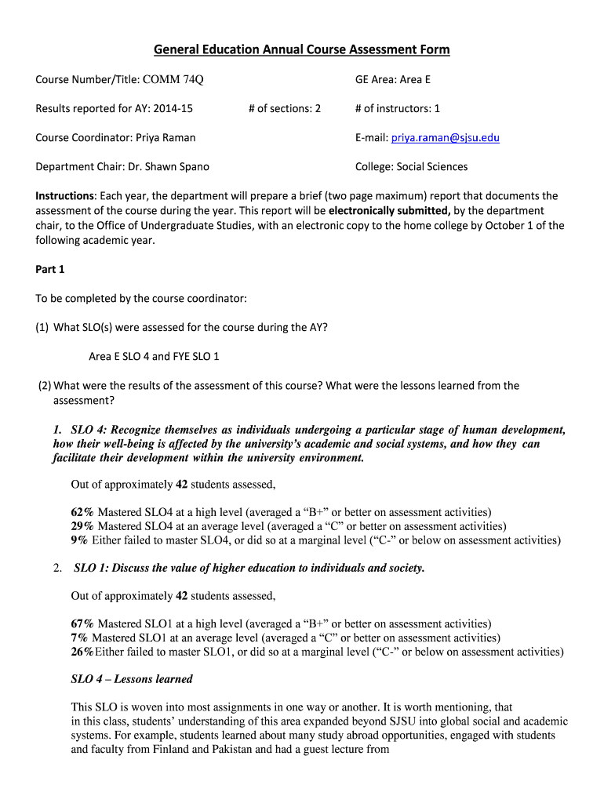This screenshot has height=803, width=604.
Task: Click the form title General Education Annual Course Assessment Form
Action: click(x=301, y=49)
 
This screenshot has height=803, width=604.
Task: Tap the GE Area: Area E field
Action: click(x=392, y=79)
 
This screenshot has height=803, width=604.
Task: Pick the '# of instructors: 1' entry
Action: click(x=397, y=108)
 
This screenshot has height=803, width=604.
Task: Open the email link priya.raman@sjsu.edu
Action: click(x=445, y=137)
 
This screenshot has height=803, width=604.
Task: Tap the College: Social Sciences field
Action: click(x=411, y=166)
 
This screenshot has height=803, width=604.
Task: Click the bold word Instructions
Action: click(x=65, y=196)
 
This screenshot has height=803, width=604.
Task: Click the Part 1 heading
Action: click(x=50, y=269)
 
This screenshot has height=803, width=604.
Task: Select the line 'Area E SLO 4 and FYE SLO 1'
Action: click(x=154, y=356)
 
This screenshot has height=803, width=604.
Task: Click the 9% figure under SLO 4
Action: click(x=79, y=540)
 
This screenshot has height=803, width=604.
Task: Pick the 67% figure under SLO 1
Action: click(x=82, y=624)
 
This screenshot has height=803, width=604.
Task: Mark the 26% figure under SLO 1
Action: click(x=82, y=652)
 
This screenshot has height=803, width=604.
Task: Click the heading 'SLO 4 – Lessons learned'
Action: click(x=131, y=679)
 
